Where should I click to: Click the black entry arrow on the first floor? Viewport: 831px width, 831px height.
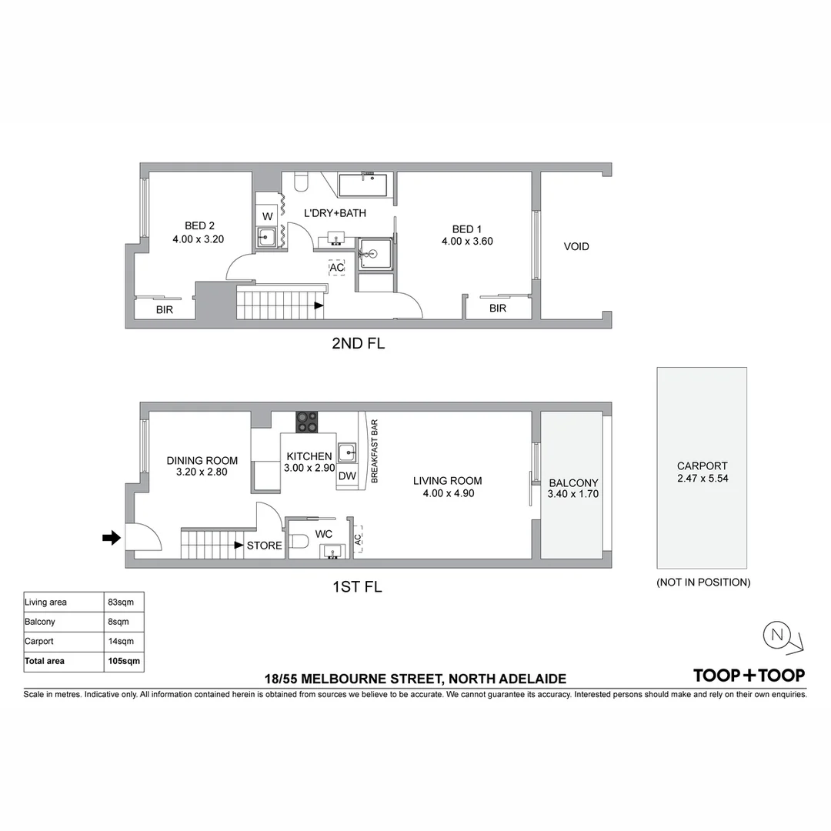pos(112,539)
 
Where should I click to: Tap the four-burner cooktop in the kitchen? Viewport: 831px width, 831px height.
pos(307,422)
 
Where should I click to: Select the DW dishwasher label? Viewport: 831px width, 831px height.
pos(347,476)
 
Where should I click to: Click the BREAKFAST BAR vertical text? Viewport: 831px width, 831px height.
pos(374,452)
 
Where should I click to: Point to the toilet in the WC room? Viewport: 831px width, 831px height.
pos(299,541)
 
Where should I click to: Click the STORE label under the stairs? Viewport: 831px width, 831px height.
pos(265,546)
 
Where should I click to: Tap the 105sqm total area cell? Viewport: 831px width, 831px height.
pos(124,661)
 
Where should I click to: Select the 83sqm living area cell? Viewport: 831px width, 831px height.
pos(121,602)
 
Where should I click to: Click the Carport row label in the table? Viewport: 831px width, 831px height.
pos(39,641)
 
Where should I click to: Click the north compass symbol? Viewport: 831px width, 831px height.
pos(783,638)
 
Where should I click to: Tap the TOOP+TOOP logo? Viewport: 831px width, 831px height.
pos(749,676)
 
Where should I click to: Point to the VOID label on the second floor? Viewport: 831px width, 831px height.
pos(576,246)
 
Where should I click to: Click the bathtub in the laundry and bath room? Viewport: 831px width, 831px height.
pos(363,185)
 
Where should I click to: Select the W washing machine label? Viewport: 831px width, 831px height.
pos(268,216)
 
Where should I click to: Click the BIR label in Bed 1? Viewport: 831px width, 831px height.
pos(498,309)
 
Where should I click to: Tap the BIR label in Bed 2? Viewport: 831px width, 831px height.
pos(165,310)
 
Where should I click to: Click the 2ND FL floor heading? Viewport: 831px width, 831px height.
pos(359,343)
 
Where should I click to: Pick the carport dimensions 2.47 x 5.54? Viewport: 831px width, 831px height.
pos(703,478)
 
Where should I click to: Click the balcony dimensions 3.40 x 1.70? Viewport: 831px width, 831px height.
pos(573,494)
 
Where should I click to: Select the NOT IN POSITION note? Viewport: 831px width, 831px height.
pos(703,582)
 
